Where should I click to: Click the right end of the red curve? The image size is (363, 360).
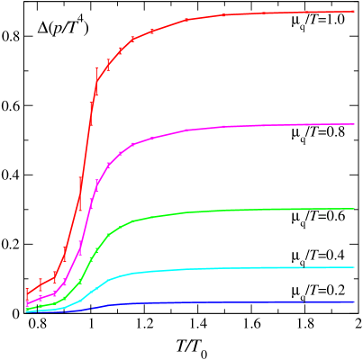point(353,12)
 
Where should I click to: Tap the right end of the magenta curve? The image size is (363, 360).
point(353,124)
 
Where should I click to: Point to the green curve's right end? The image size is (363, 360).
point(353,209)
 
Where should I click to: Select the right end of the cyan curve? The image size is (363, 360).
point(353,267)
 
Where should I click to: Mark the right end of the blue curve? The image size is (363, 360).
point(353,302)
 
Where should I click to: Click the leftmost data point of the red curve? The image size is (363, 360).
point(27,292)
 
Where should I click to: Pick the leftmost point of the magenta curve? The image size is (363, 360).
point(27,301)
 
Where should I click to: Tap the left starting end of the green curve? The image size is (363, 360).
point(27,309)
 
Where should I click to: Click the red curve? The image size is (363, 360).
point(225,15)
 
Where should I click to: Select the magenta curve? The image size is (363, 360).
point(225,127)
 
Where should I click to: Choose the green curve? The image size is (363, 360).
point(225,211)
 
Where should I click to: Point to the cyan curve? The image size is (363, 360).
point(225,269)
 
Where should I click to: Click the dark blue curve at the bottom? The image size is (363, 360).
point(225,303)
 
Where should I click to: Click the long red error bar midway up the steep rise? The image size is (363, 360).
point(80,193)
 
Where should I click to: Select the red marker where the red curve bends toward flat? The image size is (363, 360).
point(132,39)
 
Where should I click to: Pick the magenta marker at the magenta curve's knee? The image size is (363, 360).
point(132,144)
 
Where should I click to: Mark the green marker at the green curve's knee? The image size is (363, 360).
point(132,220)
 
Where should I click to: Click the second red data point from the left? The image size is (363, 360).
point(41,283)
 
